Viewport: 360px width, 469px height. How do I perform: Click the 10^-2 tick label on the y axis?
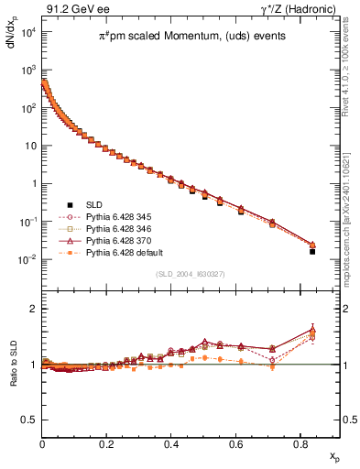[x=28, y=259]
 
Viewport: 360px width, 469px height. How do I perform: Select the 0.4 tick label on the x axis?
[x=171, y=443]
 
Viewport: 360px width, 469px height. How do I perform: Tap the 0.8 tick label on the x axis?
[x=300, y=443]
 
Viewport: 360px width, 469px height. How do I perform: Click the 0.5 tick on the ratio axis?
[x=29, y=420]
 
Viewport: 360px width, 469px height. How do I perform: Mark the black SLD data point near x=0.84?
[x=312, y=251]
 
